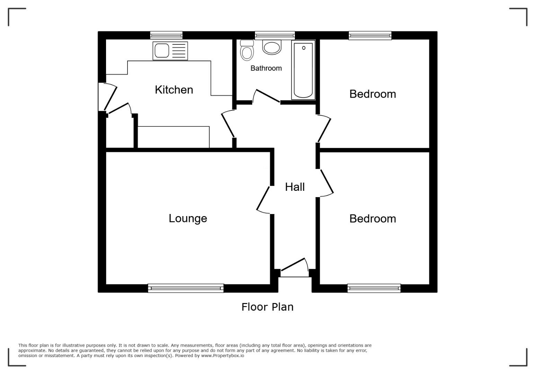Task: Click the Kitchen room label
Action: (174, 90)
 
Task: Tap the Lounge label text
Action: (188, 219)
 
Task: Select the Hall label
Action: (295, 187)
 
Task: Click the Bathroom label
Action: (266, 68)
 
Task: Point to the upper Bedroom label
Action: (372, 94)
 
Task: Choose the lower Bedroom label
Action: (372, 219)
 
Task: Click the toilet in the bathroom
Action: (247, 50)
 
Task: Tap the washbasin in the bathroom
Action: (272, 47)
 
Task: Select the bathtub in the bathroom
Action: (303, 70)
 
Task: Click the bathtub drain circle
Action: (304, 48)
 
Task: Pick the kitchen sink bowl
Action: (162, 51)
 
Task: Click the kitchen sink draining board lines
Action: (179, 51)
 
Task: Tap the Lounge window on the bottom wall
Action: (186, 288)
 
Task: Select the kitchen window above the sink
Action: (166, 35)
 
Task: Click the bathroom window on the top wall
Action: (275, 35)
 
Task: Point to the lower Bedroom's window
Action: (374, 288)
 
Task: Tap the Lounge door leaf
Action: (263, 198)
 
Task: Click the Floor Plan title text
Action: (267, 307)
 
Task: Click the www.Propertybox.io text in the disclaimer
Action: (222, 356)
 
